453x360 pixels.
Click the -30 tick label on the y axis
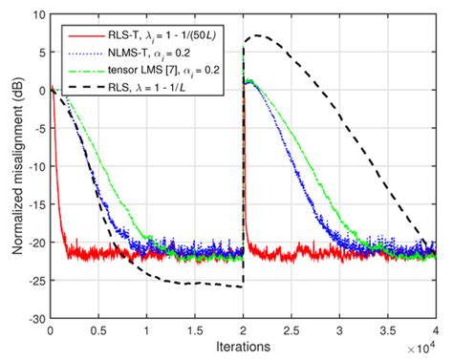[34, 318]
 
